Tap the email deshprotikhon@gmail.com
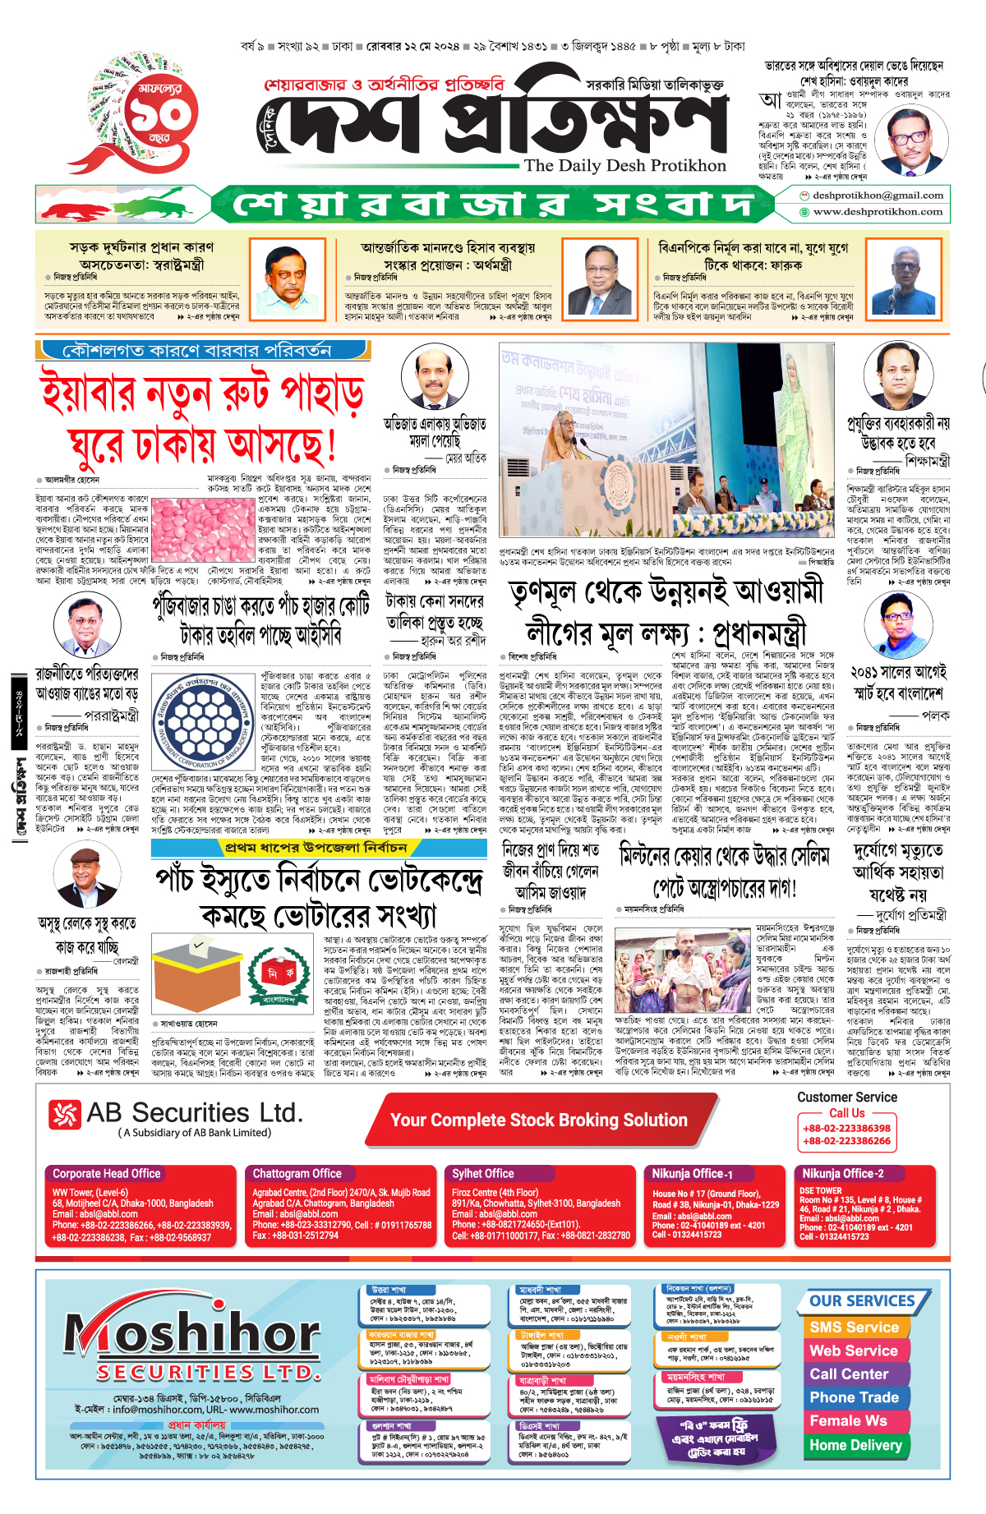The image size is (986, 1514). [x=877, y=196]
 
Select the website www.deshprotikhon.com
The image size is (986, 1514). [x=878, y=212]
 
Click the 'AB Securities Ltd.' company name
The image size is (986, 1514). [x=194, y=1113]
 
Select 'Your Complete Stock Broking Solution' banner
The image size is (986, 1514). [x=539, y=1121]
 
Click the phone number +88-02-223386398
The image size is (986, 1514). [x=846, y=1129]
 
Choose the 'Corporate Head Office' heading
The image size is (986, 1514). [x=107, y=1174]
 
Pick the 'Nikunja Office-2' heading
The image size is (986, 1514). [x=843, y=1174]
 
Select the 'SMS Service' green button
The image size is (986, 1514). [x=854, y=1327]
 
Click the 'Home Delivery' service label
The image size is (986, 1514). [x=855, y=1445]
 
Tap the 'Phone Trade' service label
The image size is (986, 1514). [x=854, y=1397]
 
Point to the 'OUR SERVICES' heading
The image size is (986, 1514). [x=862, y=1301]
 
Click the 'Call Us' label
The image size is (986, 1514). [x=846, y=1113]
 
